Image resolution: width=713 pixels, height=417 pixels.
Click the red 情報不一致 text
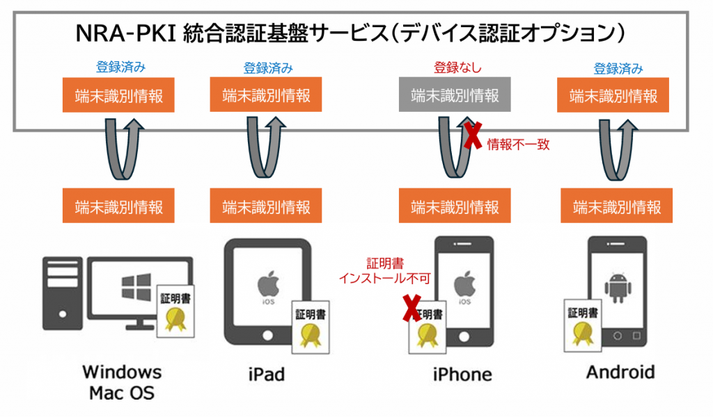[514, 145]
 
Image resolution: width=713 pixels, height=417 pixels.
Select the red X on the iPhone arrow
[473, 135]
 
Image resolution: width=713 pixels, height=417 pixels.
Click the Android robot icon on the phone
[616, 285]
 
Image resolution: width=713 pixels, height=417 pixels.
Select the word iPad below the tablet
[266, 375]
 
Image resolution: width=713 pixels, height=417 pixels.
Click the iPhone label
[462, 375]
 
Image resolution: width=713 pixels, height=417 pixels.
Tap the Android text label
[620, 373]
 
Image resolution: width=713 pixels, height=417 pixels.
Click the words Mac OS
[121, 393]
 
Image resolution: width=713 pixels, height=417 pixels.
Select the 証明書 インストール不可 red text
[384, 271]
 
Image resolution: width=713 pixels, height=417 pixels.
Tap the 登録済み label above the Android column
[618, 69]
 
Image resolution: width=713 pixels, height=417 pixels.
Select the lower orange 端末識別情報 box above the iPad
[265, 206]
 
